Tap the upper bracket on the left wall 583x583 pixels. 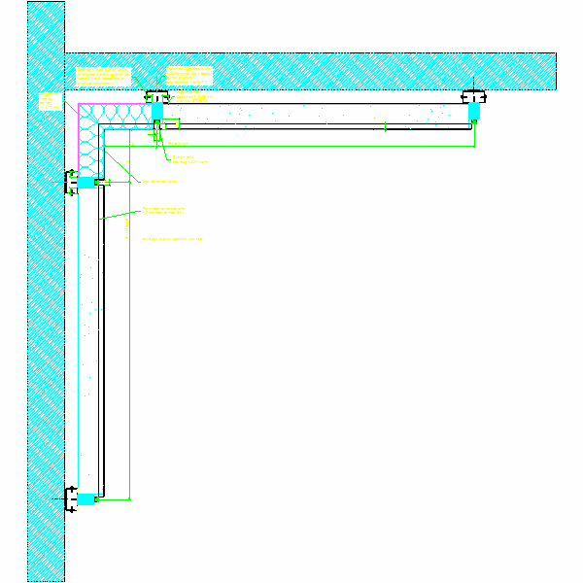(72, 181)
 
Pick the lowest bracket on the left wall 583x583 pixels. (72, 498)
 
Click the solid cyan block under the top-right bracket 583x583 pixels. (474, 113)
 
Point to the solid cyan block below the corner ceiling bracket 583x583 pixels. (156, 113)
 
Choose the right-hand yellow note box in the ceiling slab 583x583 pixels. (189, 76)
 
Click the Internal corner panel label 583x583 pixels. (159, 181)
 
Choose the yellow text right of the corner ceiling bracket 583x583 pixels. (189, 98)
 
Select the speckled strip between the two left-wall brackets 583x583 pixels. (87, 340)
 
